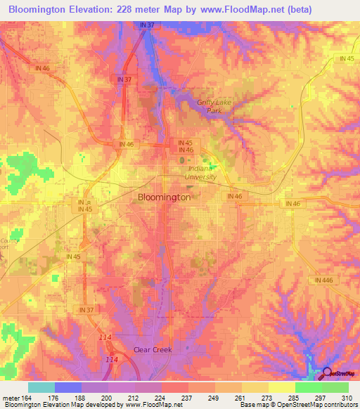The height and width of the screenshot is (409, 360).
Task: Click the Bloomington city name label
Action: tap(163, 197)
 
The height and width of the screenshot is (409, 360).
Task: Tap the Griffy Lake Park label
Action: tap(215, 106)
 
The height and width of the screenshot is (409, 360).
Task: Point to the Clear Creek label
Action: tap(153, 349)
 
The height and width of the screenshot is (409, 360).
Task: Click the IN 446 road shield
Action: tap(323, 279)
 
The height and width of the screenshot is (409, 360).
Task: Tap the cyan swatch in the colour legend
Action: tap(41, 387)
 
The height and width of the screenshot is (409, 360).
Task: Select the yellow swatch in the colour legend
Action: tap(281, 387)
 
